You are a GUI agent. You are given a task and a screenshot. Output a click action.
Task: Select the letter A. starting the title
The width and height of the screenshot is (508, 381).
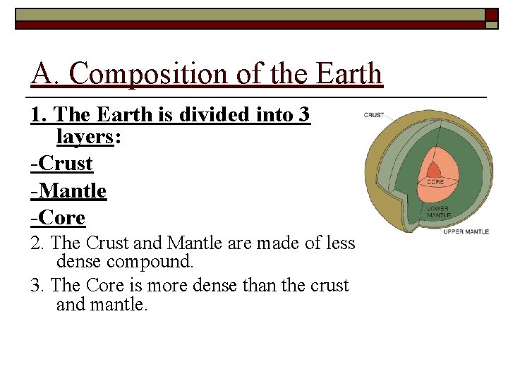46,73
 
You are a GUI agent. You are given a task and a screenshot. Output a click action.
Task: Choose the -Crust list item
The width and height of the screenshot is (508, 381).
61,164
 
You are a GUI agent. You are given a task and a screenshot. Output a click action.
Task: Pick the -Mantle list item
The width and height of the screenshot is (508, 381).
68,190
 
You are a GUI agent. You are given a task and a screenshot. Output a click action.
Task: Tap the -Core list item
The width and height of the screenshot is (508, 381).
57,217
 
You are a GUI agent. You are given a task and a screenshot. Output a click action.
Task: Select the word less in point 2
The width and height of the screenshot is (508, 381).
339,243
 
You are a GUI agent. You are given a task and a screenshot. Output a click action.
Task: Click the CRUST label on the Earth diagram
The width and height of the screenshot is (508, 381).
374,115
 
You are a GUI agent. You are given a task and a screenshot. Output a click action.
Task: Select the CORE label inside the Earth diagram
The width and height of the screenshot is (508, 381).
435,181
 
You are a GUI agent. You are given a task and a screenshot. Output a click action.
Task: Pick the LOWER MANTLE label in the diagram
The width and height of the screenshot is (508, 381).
438,212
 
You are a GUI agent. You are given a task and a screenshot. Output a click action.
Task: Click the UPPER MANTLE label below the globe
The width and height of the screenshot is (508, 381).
466,231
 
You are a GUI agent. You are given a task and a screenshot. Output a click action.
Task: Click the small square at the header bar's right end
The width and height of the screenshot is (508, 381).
492,13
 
